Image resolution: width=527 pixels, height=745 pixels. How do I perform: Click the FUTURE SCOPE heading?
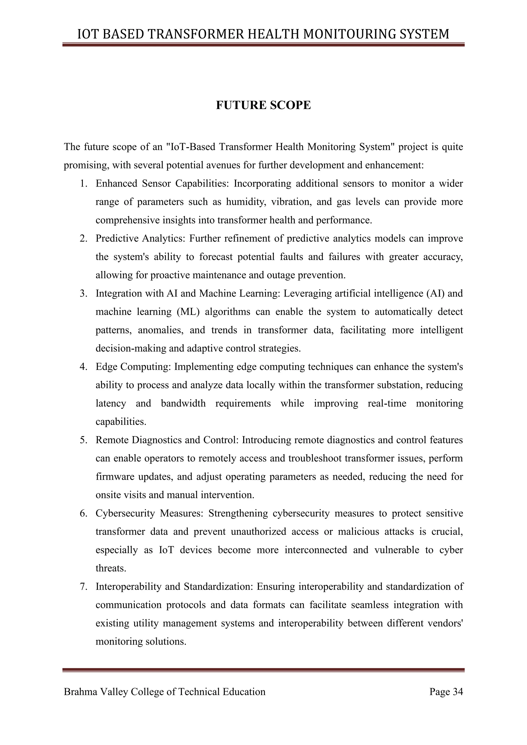pos(263,105)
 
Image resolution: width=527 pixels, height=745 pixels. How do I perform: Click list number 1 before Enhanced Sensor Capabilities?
pos(83,184)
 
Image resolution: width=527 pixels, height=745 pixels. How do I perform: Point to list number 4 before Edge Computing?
pos(83,367)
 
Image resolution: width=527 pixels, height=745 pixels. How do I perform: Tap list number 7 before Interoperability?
pos(83,587)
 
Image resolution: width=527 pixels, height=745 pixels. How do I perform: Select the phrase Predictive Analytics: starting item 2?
pos(140,238)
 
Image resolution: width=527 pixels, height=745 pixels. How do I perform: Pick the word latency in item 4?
pos(111,403)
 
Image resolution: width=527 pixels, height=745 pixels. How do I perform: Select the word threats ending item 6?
pos(110,568)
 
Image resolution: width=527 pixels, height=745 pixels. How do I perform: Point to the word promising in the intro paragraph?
pos(86,165)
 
